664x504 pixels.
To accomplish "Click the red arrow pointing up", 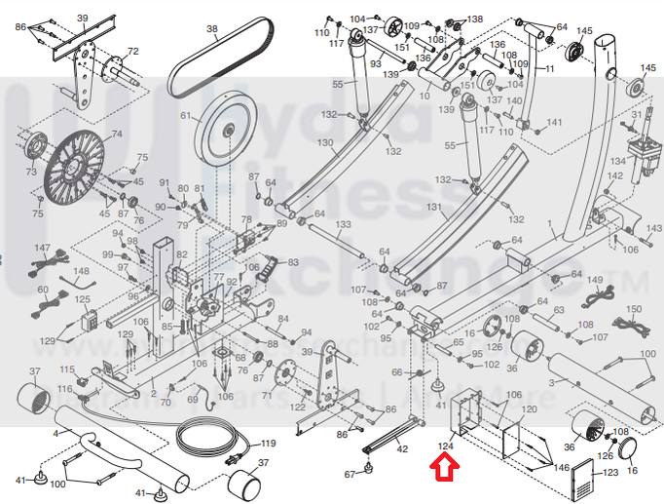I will (442, 471).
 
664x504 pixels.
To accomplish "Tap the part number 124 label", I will (447, 446).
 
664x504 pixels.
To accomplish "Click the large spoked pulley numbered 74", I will (87, 166).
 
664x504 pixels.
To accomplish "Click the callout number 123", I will (610, 473).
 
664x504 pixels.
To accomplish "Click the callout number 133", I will (343, 224).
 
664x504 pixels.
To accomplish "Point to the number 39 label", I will (82, 18).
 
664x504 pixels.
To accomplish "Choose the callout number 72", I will (132, 51).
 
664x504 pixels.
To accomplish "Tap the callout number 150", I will (634, 309).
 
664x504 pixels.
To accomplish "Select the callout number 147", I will (42, 250).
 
